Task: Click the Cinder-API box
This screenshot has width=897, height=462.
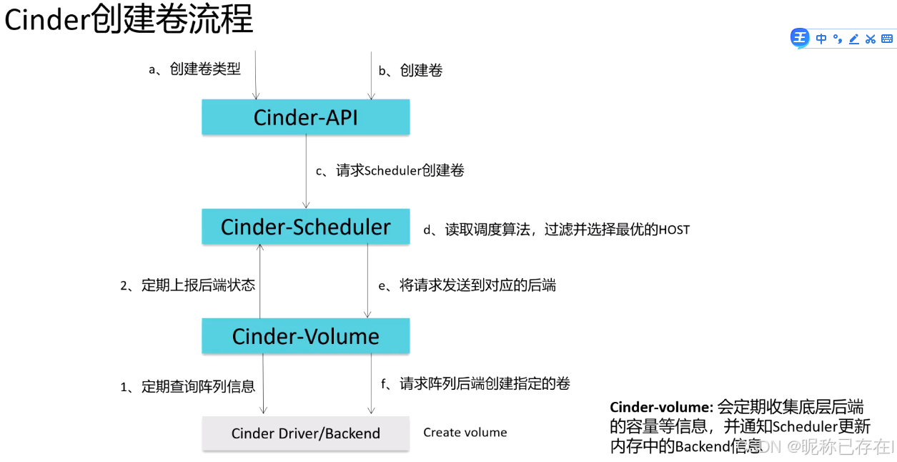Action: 305,117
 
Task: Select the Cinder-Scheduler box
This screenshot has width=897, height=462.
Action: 305,227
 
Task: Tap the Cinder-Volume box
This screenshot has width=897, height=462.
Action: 305,336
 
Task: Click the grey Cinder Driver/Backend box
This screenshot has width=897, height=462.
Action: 305,433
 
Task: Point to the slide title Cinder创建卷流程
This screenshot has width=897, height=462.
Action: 129,20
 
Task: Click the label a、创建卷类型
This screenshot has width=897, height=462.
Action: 194,69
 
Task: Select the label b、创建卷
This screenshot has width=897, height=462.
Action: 410,70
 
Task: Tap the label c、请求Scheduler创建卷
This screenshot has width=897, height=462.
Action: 390,171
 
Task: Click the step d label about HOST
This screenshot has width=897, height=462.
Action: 557,230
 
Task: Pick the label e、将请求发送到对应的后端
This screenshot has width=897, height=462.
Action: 467,285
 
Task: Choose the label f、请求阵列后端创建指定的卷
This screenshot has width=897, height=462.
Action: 475,384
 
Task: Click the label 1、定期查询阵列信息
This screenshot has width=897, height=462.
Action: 187,387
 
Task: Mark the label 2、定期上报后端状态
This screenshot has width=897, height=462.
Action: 187,285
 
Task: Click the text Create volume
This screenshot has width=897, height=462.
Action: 465,433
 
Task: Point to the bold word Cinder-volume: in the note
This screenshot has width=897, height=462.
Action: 661,408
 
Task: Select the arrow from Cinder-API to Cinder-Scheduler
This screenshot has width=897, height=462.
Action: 306,172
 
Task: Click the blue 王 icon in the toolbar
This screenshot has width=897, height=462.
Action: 800,39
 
